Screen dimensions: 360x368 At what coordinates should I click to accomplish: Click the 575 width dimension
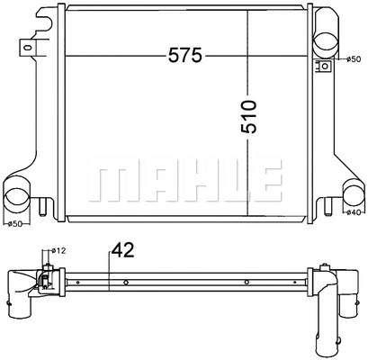point(184,56)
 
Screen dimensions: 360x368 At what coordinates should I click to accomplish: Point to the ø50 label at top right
point(353,59)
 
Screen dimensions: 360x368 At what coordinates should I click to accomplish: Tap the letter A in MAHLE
point(152,183)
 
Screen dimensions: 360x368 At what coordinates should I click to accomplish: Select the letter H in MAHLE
point(187,183)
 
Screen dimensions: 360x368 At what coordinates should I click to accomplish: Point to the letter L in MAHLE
point(220,183)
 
